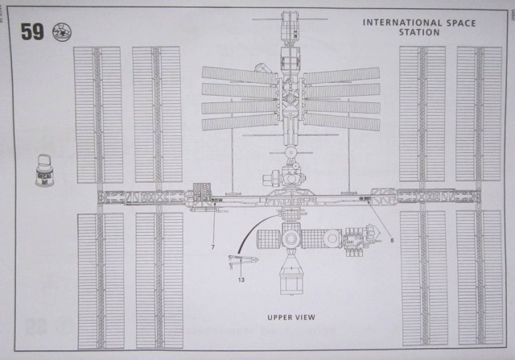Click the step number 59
(x=33, y=32)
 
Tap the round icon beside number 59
(x=58, y=32)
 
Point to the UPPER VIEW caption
(x=291, y=317)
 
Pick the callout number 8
(x=392, y=239)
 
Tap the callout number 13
(x=241, y=279)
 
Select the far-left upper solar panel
(x=97, y=114)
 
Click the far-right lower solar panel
(x=480, y=278)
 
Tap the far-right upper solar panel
(x=480, y=114)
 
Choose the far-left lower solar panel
(x=100, y=278)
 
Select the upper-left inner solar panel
(x=156, y=114)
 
